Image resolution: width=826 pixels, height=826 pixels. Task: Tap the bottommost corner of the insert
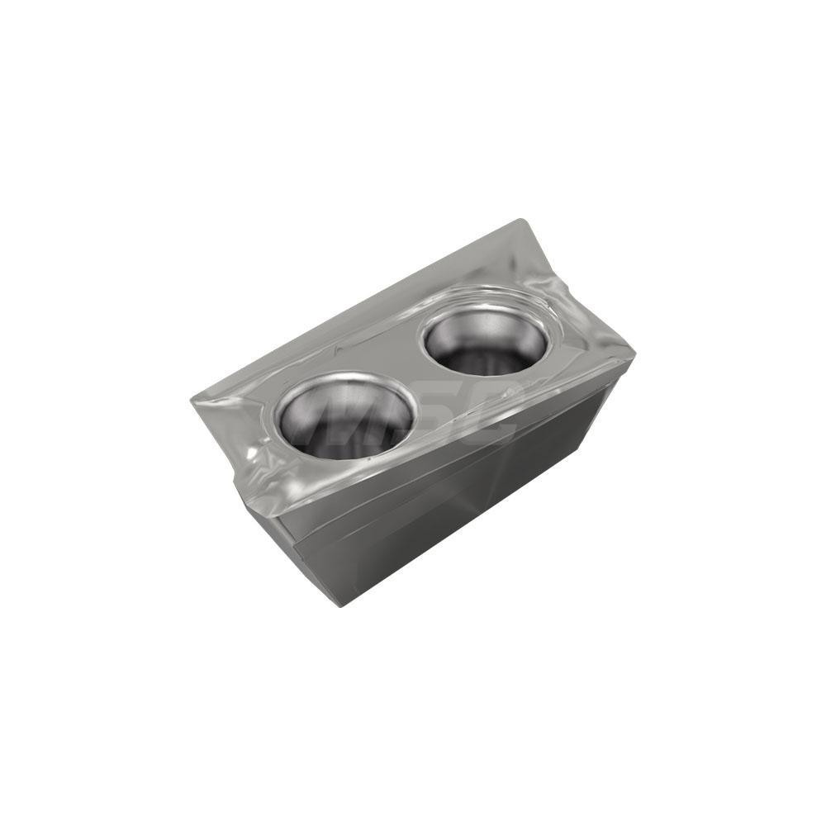tap(341, 605)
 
